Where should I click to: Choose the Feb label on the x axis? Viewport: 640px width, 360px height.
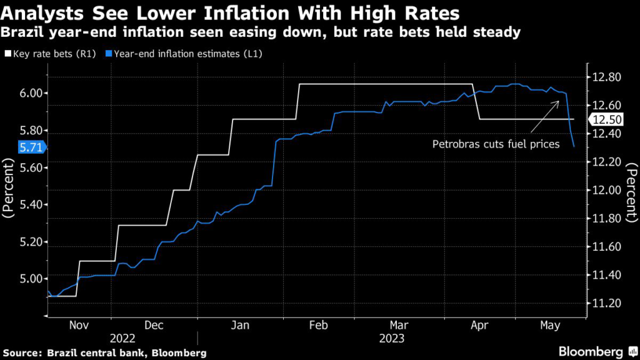pyautogui.click(x=319, y=325)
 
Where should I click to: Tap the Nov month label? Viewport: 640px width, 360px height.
pyautogui.click(x=79, y=325)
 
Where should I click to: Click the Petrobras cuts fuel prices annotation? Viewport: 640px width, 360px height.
pyautogui.click(x=496, y=144)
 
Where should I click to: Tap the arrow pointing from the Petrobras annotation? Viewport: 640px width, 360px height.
pyautogui.click(x=544, y=116)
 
